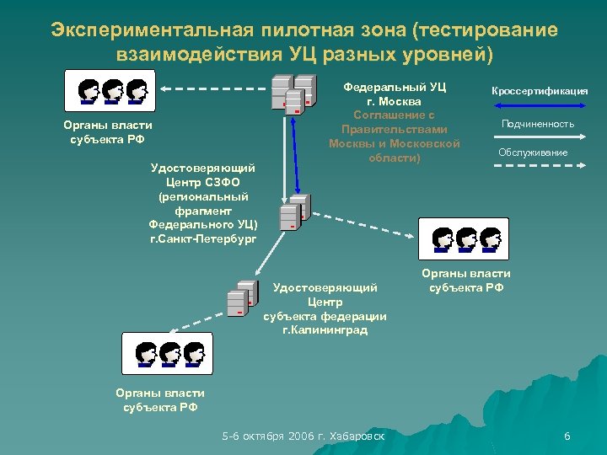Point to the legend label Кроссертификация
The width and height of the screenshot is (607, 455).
click(x=539, y=91)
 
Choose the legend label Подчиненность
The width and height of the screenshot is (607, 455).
click(x=538, y=124)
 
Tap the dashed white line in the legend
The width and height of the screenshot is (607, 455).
click(x=537, y=167)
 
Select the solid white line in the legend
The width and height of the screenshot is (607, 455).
click(x=537, y=137)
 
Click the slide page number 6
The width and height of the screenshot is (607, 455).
click(x=567, y=436)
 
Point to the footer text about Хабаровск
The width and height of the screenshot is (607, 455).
click(x=303, y=436)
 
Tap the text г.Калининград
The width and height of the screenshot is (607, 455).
click(x=325, y=330)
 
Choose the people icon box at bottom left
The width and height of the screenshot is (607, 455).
click(x=169, y=353)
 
